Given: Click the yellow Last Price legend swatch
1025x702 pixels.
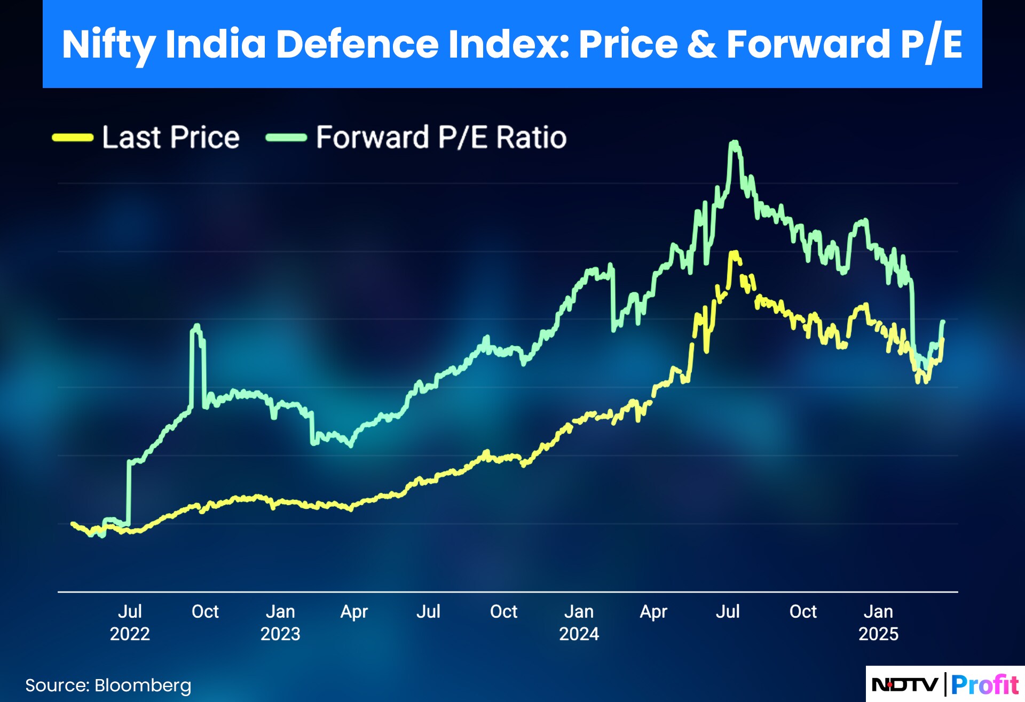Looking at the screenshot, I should [x=73, y=138].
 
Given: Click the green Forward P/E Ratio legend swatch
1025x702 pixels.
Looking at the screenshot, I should [x=286, y=138].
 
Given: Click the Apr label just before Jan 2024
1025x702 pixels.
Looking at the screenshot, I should [x=354, y=612].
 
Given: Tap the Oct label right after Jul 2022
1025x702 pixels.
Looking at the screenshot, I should [x=205, y=612].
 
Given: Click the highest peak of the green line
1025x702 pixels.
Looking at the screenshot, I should [x=735, y=142].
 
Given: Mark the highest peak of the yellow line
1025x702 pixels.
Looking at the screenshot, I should [x=735, y=252].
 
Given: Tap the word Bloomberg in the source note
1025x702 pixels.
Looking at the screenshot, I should [x=143, y=685].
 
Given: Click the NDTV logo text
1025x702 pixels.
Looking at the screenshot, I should [x=904, y=684].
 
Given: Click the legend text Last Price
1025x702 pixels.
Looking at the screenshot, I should [x=171, y=138].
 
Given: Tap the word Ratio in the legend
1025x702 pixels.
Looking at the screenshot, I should [x=531, y=138].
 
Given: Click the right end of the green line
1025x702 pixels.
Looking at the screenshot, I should [x=943, y=322].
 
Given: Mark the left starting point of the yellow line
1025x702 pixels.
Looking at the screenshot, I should [x=73, y=524].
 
